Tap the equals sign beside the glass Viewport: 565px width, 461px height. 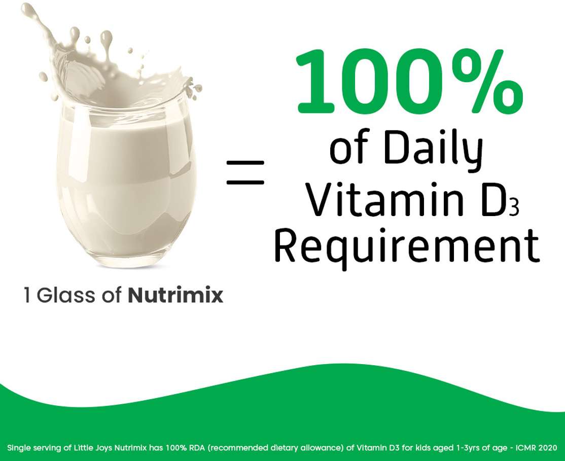(x=245, y=172)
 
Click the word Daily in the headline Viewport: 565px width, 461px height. (x=433, y=149)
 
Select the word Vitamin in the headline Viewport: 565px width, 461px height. (x=385, y=199)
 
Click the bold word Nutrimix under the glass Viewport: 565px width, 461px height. (x=175, y=295)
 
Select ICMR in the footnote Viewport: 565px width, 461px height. (x=525, y=448)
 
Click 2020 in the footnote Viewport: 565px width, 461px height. (x=547, y=448)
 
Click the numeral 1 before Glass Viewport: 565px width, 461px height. (x=27, y=295)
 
